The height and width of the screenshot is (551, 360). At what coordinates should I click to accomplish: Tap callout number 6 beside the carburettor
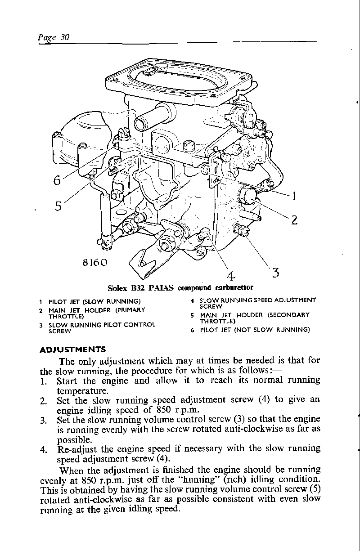tap(57, 180)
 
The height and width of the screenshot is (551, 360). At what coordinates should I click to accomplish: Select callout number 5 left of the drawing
tap(58, 206)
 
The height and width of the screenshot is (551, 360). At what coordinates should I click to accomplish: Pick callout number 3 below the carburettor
tap(276, 273)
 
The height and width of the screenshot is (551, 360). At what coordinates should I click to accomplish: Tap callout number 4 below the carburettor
tap(230, 275)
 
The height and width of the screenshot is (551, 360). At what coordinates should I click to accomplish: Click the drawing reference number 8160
tap(95, 263)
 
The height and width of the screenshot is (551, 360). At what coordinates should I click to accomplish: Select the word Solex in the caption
tap(117, 287)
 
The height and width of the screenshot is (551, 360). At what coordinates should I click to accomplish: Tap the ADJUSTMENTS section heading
tap(72, 349)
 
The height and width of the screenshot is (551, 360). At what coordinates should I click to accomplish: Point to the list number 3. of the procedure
tap(44, 420)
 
